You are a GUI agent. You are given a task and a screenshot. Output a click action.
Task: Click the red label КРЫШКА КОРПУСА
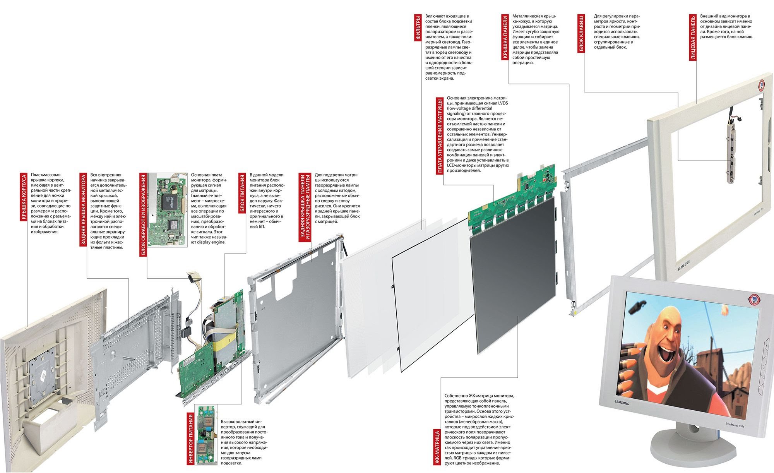(x=24, y=197)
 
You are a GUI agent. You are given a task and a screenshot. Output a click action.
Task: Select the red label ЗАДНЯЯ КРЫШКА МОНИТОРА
(x=83, y=209)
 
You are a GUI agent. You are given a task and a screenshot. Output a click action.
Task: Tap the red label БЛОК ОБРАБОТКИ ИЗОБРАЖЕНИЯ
(x=143, y=215)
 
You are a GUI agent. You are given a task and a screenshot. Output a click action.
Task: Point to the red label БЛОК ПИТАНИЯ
(x=242, y=194)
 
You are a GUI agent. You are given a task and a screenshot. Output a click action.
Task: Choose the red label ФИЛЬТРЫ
(x=418, y=28)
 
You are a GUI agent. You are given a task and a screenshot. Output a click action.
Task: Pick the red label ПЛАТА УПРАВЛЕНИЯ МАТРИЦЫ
(x=440, y=136)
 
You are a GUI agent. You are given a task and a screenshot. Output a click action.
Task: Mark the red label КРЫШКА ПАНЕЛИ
(x=505, y=37)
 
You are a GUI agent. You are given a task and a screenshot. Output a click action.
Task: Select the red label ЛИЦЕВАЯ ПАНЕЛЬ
(x=693, y=38)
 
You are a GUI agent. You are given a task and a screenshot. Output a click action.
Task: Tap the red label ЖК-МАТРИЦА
(x=437, y=447)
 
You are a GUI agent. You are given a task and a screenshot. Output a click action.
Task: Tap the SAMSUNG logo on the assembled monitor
(x=622, y=403)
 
